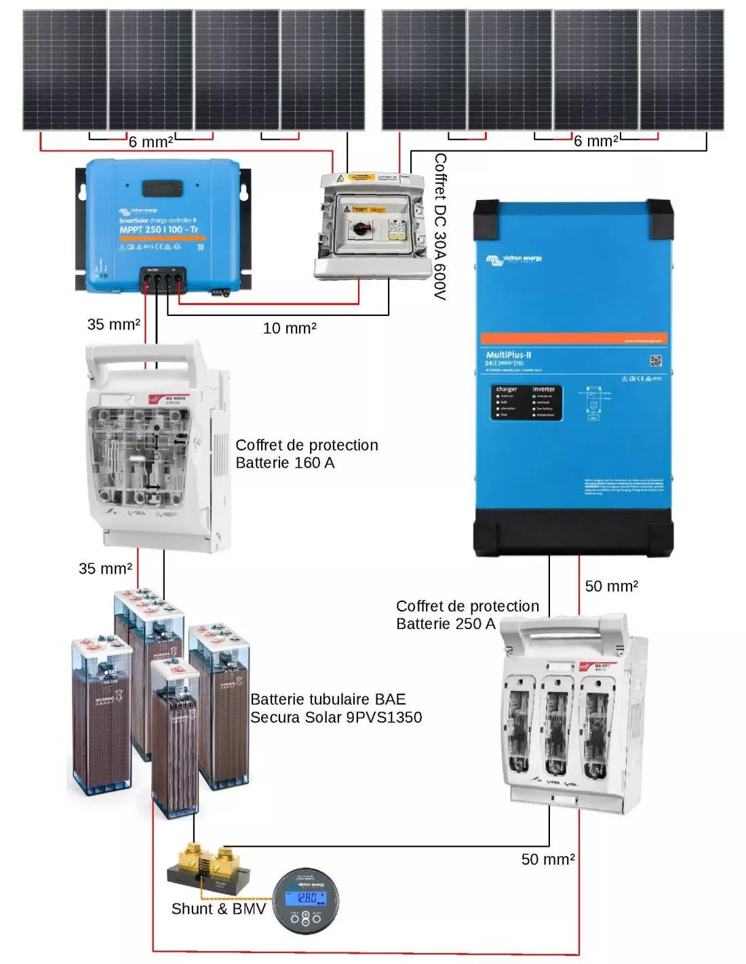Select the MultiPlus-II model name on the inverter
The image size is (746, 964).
[x=508, y=355]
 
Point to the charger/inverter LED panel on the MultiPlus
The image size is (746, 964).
[x=527, y=402]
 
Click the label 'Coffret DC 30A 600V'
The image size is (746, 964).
[x=440, y=226]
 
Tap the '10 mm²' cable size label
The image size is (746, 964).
[x=290, y=328]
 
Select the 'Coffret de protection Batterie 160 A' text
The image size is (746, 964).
[x=306, y=454]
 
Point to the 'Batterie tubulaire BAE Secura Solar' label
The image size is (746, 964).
[x=336, y=708]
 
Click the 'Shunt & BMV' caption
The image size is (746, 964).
[x=218, y=908]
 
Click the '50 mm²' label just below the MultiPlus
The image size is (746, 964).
[x=611, y=586]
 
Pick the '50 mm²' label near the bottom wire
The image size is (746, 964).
[x=548, y=859]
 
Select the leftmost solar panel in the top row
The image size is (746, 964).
[x=65, y=70]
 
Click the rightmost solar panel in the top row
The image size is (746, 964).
[x=682, y=70]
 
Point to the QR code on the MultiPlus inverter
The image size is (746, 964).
[x=655, y=361]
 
